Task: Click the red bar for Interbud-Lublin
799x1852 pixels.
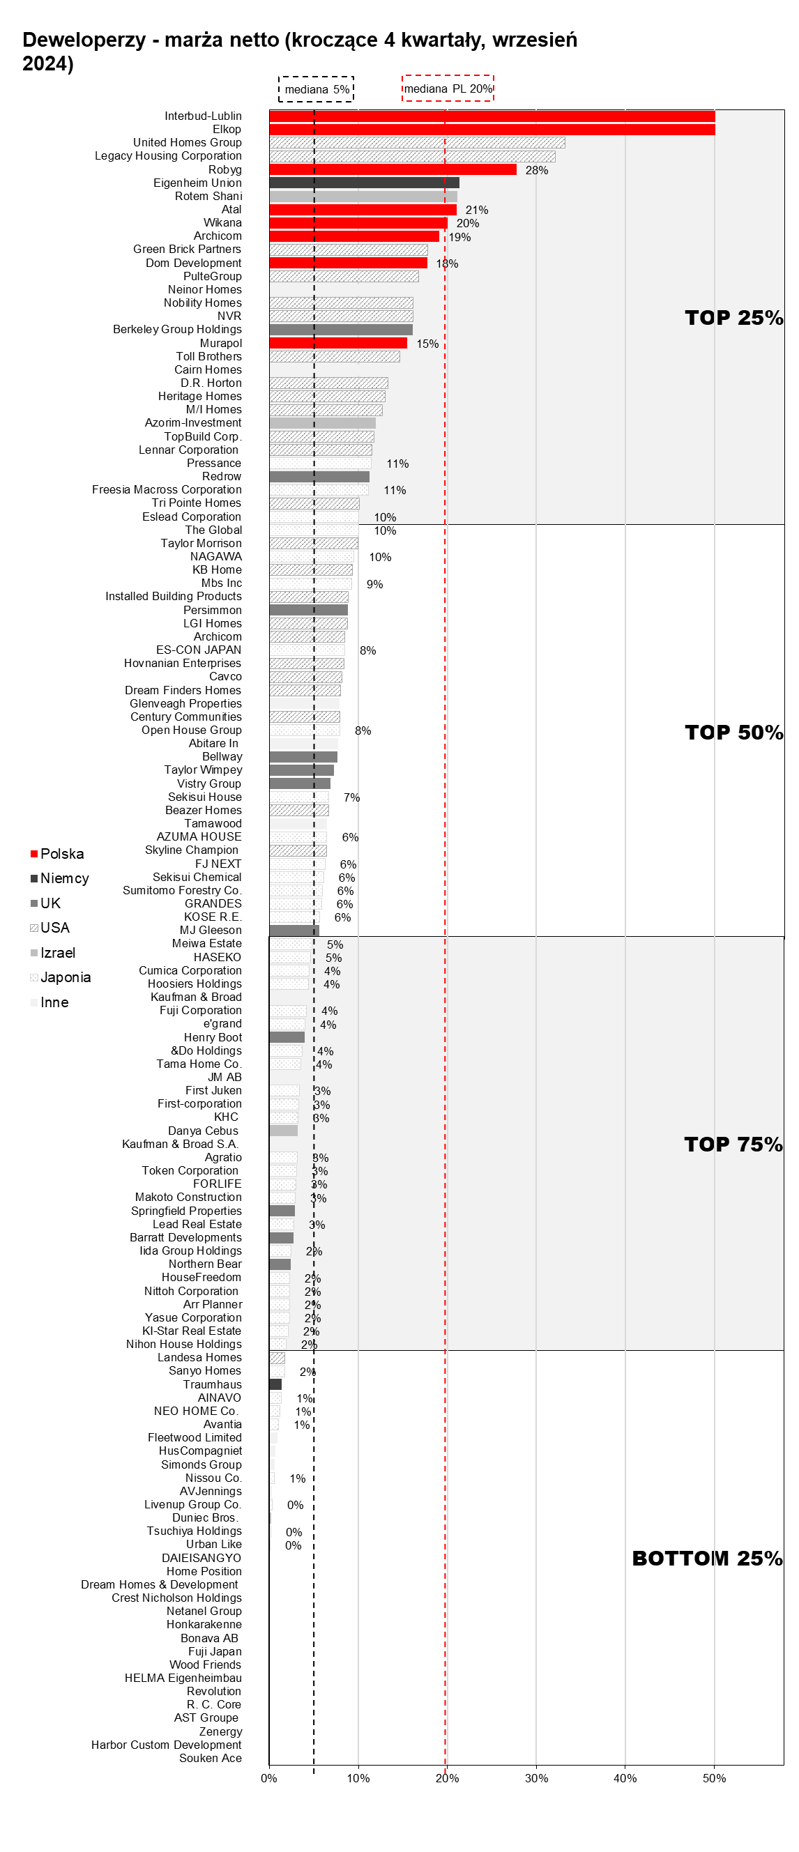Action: (492, 116)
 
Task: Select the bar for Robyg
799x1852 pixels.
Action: (393, 169)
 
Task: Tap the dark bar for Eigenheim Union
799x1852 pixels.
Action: (364, 183)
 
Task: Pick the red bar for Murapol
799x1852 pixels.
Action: (338, 343)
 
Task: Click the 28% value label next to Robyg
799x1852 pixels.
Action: (537, 170)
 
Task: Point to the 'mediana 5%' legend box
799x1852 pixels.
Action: (317, 89)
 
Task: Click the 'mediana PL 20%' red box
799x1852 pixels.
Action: (448, 89)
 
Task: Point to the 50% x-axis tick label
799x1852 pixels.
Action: (714, 1778)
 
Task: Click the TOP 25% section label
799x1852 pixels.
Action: (733, 318)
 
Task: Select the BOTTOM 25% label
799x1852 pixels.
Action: (707, 1558)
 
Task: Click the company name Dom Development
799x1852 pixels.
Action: (193, 263)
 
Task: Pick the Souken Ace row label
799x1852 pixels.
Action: (210, 1758)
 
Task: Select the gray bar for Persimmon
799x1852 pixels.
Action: (309, 610)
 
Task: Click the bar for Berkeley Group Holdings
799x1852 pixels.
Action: (341, 329)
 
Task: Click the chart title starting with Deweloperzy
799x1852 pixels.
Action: (299, 51)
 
